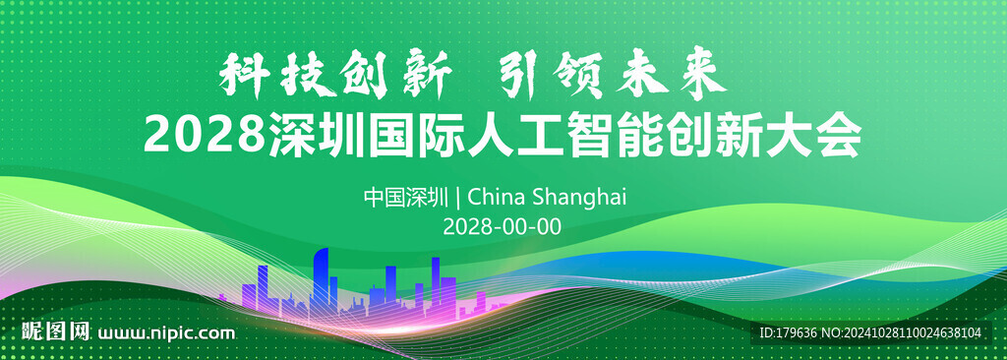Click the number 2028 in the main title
coord(204,135)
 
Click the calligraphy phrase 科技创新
coord(334,77)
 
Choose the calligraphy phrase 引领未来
coord(614,77)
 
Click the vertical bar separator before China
coord(457,198)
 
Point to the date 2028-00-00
coord(503,226)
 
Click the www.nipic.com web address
coord(166,333)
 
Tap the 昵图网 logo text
coord(56,331)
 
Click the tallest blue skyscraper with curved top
coord(322,283)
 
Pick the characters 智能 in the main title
coord(615,135)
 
